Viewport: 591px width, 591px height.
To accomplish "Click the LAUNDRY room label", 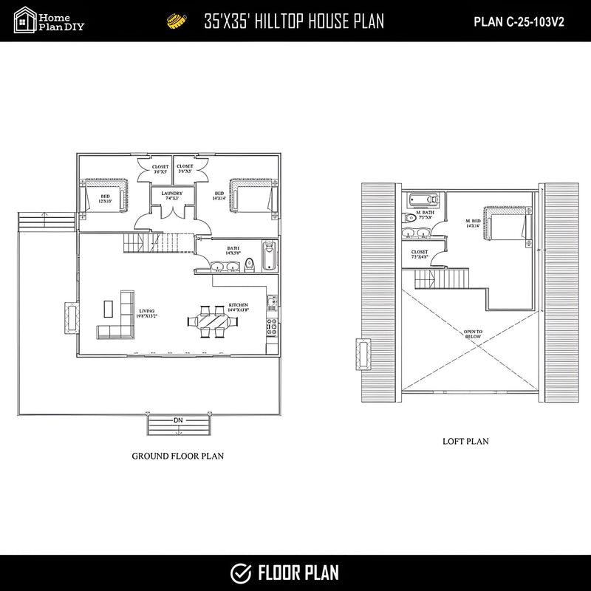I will tap(172, 194).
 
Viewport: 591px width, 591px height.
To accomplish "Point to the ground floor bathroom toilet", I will tap(250, 262).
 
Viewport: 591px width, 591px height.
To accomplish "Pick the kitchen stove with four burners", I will tap(271, 324).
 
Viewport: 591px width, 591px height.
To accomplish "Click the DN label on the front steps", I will tap(178, 420).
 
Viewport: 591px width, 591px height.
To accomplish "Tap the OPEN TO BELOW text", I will tap(474, 334).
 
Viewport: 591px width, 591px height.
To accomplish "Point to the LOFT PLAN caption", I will tap(465, 442).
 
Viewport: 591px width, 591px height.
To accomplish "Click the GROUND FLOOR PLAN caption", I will tap(177, 456).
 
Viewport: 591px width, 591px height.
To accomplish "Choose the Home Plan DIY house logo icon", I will tap(24, 20).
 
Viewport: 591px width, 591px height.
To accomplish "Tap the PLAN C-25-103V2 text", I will tap(519, 21).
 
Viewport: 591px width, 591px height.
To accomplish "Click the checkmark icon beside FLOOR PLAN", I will tap(240, 573).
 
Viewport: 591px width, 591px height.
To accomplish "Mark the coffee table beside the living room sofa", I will tap(108, 307).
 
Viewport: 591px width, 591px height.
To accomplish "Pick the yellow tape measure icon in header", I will tap(176, 21).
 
